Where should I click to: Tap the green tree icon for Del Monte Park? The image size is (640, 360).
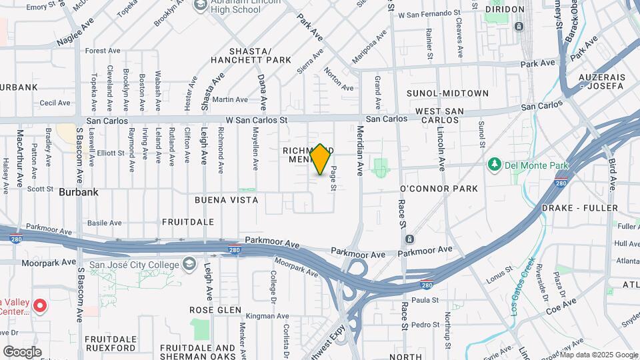(x=494, y=163)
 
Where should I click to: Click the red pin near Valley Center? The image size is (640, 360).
(x=39, y=307)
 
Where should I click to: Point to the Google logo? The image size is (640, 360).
(x=22, y=351)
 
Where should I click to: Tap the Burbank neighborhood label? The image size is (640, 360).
(x=79, y=192)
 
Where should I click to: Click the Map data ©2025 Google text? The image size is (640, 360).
(x=599, y=355)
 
